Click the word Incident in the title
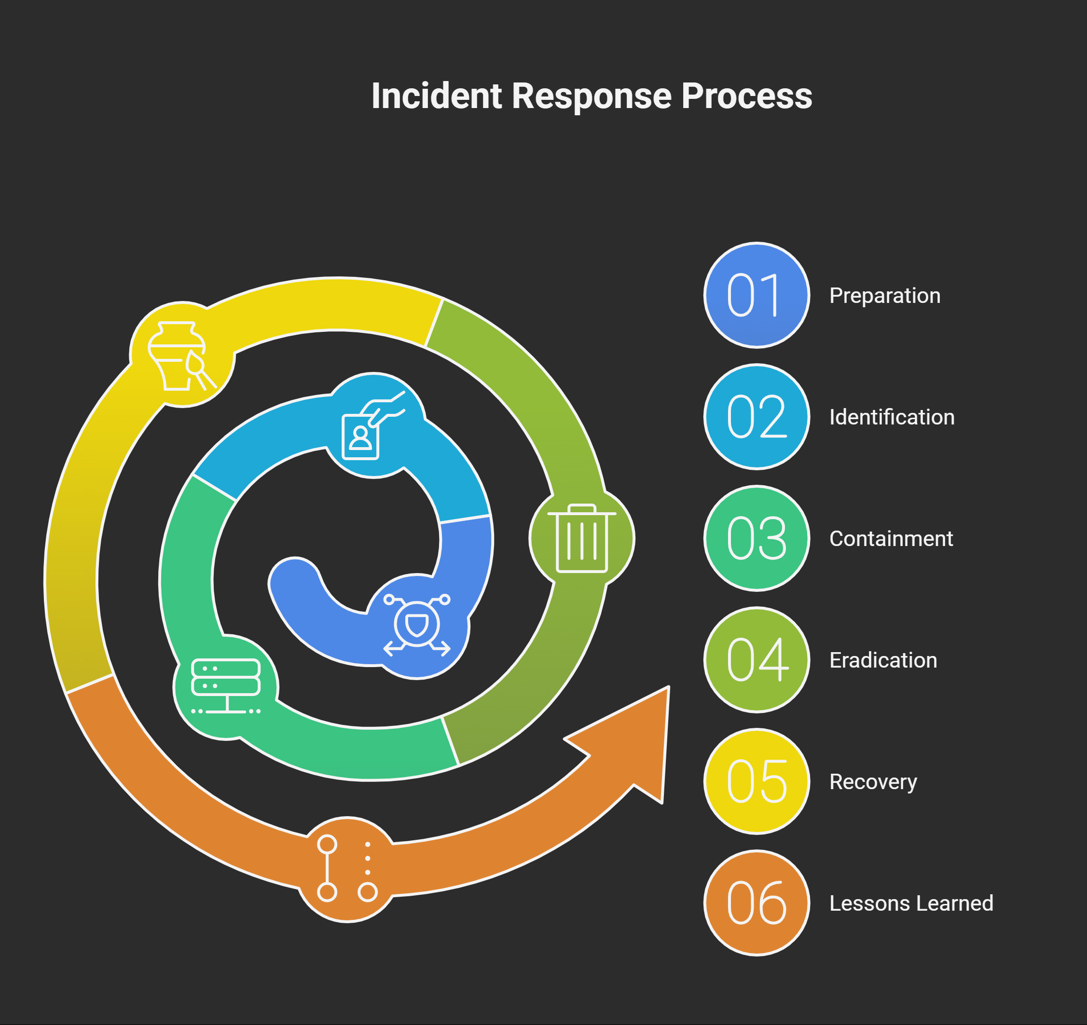(436, 96)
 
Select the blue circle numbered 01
(757, 295)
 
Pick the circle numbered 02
(757, 417)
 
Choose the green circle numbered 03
(757, 538)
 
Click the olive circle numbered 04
(757, 660)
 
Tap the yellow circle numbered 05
(757, 781)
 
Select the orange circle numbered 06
(757, 903)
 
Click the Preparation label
(885, 296)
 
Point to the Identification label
(892, 417)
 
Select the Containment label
(891, 539)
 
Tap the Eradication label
(883, 660)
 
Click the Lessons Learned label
(911, 903)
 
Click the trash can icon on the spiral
(582, 538)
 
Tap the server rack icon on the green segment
(226, 686)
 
